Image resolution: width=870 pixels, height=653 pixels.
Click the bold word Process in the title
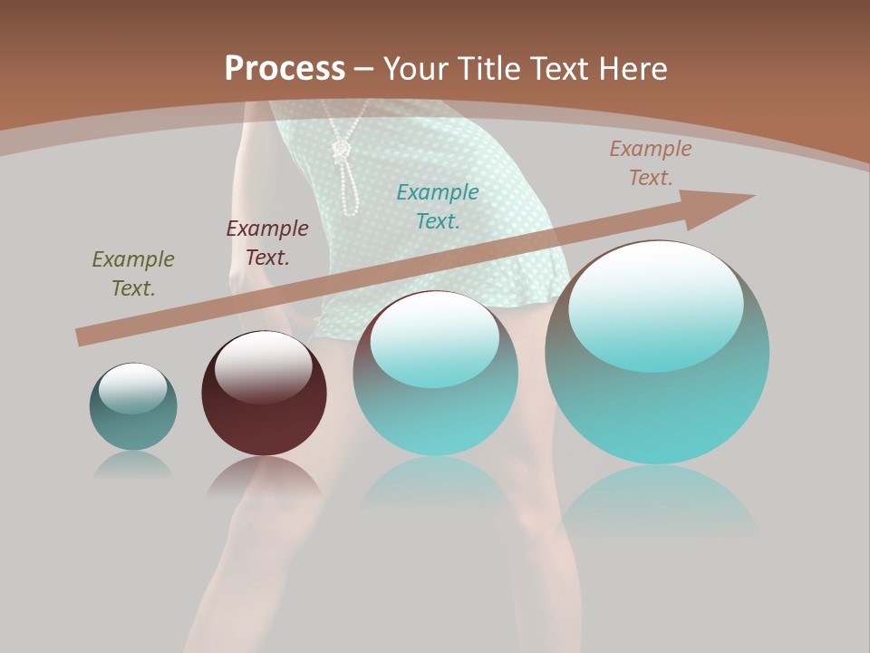[285, 69]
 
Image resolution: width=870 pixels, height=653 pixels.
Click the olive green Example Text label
[133, 274]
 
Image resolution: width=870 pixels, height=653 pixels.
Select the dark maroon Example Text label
[267, 243]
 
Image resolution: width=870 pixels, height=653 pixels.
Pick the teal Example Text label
[438, 207]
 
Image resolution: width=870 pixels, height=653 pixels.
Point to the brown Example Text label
[651, 163]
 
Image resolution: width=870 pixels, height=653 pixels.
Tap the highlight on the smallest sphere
[132, 388]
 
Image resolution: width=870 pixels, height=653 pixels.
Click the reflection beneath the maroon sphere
[264, 476]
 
